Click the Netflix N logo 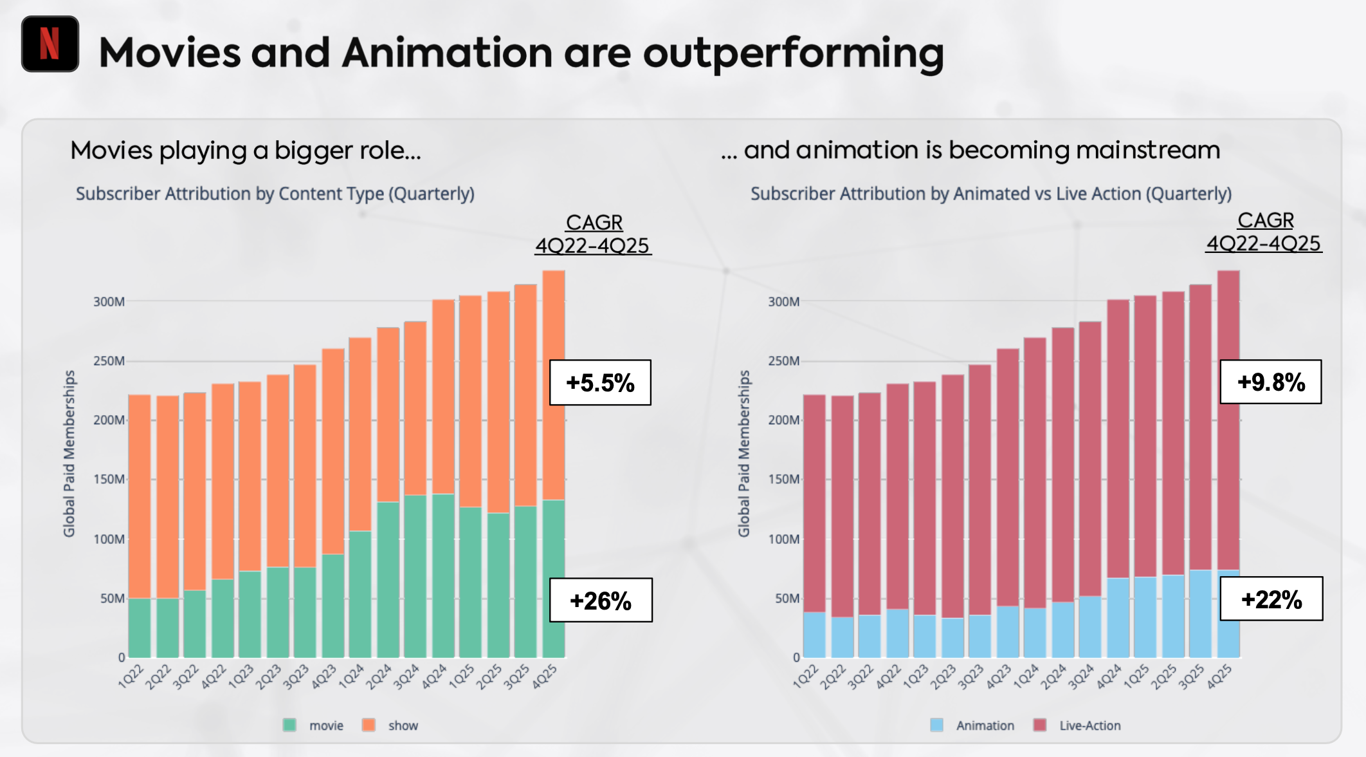50,44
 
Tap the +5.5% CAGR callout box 600,382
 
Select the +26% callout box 601,600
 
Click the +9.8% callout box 1271,382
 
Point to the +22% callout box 1271,599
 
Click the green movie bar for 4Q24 443,576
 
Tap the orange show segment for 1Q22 140,496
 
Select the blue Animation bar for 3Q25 1200,613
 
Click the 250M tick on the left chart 109,361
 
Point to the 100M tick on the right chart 783,539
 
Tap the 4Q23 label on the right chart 998,677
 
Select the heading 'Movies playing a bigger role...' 246,151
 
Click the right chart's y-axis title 744,453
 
